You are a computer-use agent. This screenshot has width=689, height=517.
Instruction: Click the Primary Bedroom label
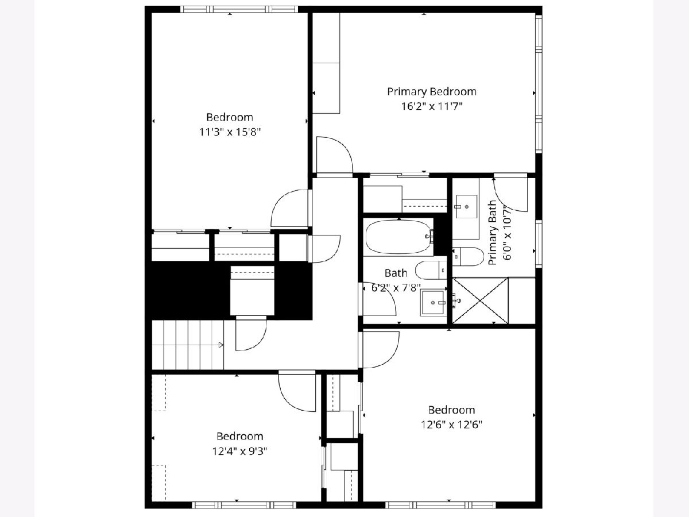432,92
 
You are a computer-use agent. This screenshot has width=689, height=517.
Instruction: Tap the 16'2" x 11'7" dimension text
432,107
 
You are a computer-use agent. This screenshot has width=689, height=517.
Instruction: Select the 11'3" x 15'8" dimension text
230,132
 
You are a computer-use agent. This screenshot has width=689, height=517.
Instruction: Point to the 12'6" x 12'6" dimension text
451,425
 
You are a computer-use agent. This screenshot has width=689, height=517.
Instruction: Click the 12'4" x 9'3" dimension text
239,452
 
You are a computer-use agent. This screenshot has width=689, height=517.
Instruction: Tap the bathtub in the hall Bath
399,237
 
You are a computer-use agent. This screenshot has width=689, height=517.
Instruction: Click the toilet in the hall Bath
431,270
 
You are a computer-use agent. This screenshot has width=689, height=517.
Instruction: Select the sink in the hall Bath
433,303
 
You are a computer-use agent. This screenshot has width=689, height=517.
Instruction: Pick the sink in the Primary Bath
466,207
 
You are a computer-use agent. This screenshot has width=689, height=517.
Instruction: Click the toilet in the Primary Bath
469,256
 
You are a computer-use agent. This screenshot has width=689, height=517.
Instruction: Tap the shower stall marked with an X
480,300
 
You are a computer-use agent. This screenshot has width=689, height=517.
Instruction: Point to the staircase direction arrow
221,345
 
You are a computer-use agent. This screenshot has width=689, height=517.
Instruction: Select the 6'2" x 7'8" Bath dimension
396,288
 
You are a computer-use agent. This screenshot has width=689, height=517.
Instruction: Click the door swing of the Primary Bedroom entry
335,155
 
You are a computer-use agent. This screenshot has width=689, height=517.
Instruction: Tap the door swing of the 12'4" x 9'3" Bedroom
297,393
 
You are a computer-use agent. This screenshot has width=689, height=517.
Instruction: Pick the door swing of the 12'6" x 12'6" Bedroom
381,350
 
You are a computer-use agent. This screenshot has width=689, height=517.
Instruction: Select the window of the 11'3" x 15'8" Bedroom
239,9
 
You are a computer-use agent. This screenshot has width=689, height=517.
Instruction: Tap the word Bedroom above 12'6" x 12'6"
451,410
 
